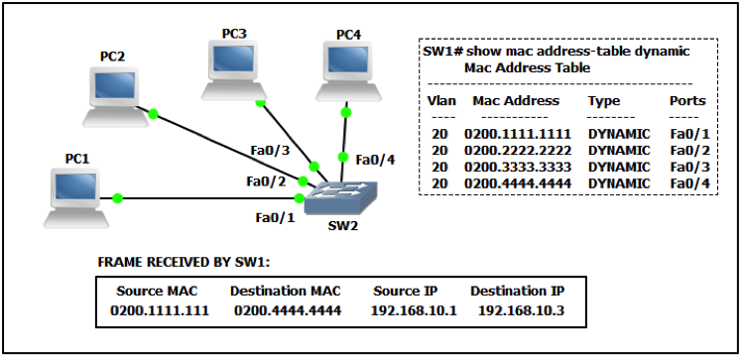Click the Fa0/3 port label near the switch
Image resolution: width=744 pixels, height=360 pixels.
[x=269, y=151]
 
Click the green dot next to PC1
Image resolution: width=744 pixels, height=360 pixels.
[x=117, y=198]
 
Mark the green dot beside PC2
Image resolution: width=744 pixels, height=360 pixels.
[x=153, y=114]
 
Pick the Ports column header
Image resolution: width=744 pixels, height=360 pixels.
[x=687, y=100]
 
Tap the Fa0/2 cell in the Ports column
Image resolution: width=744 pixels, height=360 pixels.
[x=687, y=150]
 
